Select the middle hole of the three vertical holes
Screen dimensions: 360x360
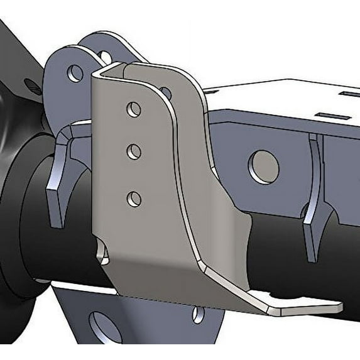[133, 151]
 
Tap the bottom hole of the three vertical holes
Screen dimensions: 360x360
[133, 200]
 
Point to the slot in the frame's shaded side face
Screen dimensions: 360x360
[322, 114]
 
